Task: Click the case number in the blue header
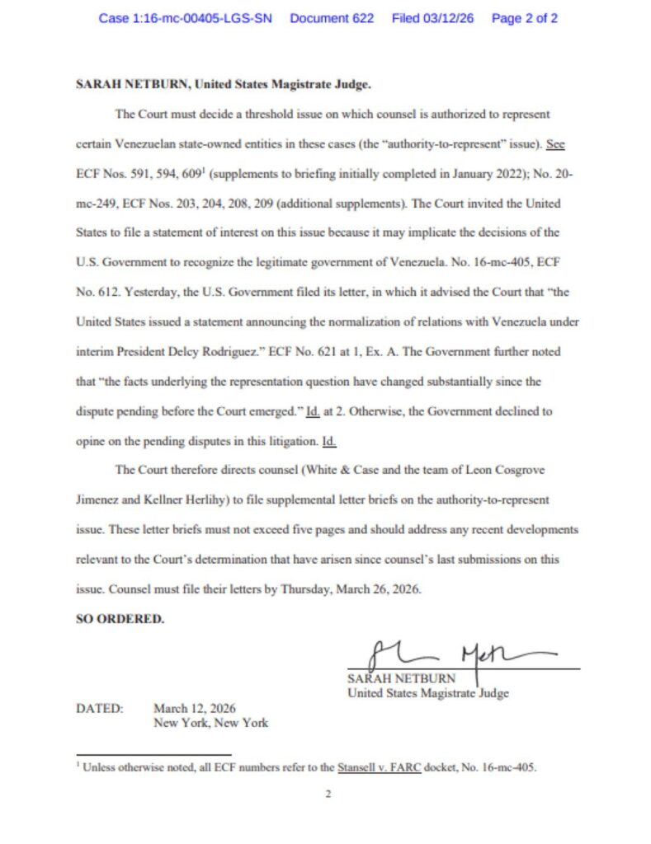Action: point(186,18)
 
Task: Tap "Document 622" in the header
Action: point(332,18)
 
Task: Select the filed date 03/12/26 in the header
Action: point(432,18)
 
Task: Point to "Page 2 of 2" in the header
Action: point(524,18)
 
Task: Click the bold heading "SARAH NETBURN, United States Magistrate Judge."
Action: point(224,85)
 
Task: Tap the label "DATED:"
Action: point(100,708)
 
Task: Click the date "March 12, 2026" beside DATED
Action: point(195,708)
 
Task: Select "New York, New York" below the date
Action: point(210,723)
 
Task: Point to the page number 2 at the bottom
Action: point(328,795)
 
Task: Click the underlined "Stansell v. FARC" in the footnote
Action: point(380,767)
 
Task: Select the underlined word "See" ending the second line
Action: point(555,144)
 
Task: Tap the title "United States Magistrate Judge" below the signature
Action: point(428,693)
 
